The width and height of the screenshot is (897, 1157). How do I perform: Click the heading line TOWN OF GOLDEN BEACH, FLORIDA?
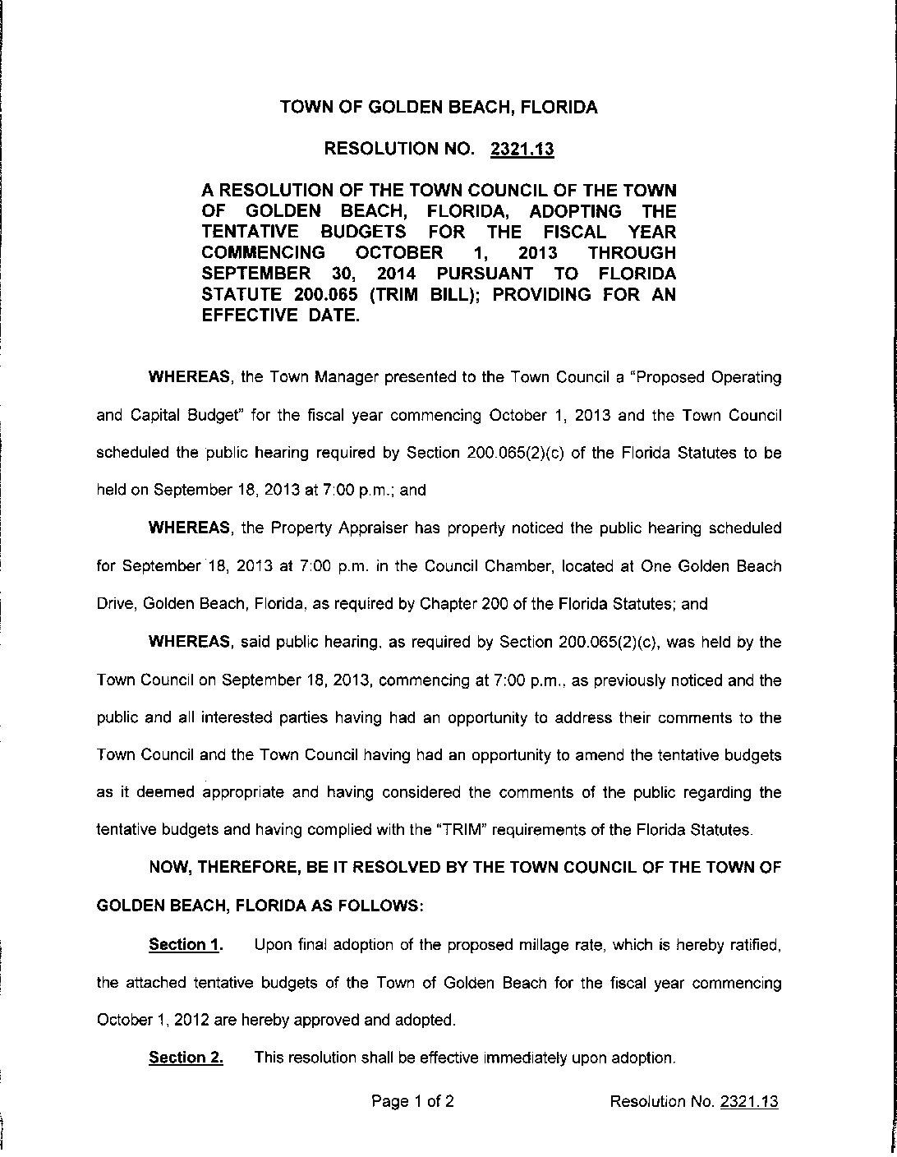click(439, 108)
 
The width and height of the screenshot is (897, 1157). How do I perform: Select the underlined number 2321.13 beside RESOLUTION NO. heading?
click(522, 150)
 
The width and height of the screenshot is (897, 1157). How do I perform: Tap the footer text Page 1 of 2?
click(412, 1102)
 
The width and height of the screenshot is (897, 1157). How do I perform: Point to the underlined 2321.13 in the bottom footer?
click(748, 1102)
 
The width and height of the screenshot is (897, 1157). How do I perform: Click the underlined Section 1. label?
click(186, 945)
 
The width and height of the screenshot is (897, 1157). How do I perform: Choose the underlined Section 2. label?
click(186, 1058)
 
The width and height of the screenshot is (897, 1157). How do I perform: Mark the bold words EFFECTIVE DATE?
click(281, 316)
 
